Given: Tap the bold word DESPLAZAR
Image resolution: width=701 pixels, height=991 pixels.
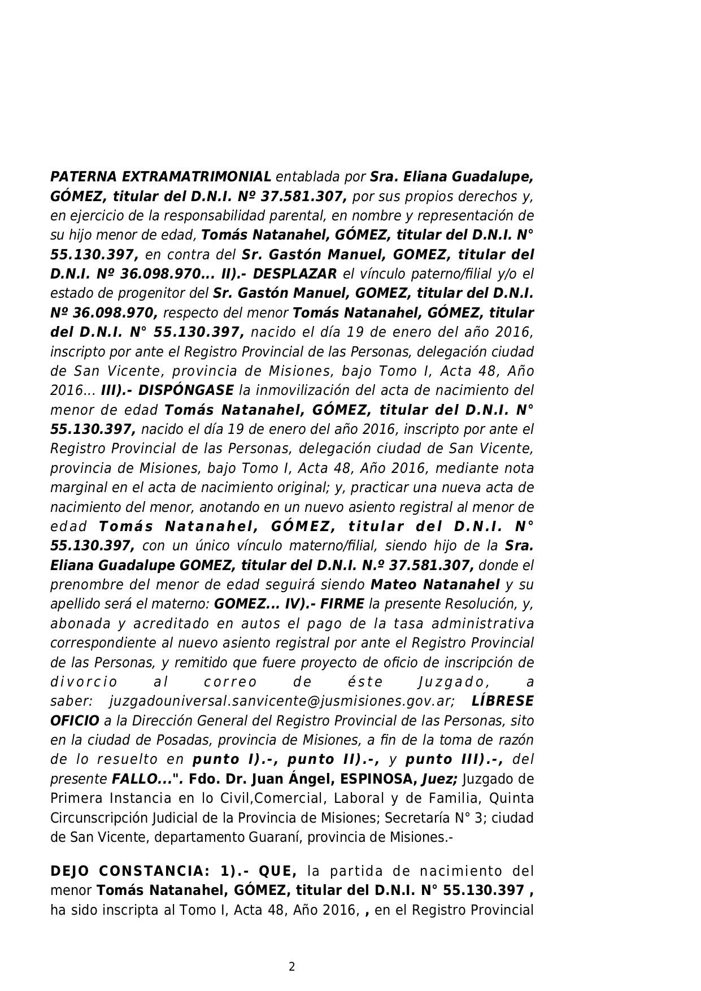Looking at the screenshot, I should (x=294, y=274).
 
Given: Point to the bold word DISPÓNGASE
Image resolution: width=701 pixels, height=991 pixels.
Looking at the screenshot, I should (x=186, y=390).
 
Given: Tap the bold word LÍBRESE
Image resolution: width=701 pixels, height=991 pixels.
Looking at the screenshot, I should (x=502, y=701).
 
